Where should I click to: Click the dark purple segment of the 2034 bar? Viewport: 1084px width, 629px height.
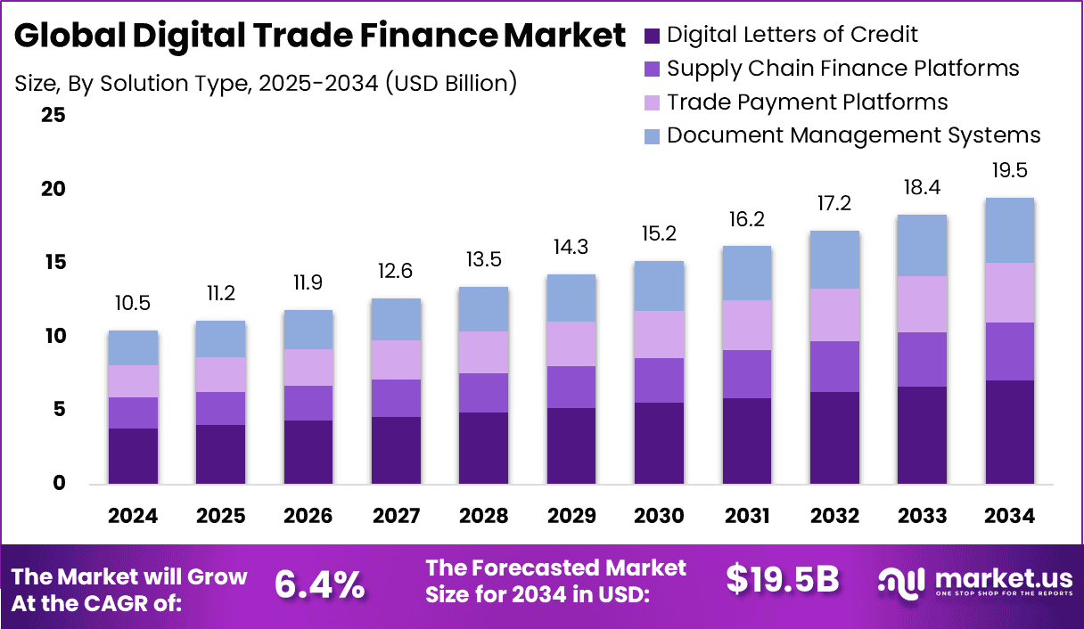[x=1009, y=432]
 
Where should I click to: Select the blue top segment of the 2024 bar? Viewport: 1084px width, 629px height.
[x=133, y=347]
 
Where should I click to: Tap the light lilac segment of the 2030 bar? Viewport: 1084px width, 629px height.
[x=659, y=334]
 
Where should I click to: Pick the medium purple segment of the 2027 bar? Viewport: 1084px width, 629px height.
[x=396, y=398]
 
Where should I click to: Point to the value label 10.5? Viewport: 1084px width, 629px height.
[x=133, y=305]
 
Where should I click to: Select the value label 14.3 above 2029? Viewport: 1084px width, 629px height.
[x=571, y=248]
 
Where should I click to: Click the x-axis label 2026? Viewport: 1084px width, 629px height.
[x=308, y=517]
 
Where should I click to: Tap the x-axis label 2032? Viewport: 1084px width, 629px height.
[x=834, y=517]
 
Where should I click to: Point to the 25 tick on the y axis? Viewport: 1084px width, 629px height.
[x=53, y=115]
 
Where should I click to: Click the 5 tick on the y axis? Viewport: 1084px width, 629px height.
[x=59, y=410]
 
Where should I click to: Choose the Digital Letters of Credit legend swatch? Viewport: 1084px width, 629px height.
[x=652, y=36]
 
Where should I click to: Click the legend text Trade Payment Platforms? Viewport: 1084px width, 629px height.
[x=807, y=102]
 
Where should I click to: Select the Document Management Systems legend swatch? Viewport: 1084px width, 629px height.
[x=652, y=135]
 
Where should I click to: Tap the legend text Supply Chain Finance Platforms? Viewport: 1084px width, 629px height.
[x=842, y=68]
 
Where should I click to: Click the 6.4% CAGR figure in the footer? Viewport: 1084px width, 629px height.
[x=319, y=584]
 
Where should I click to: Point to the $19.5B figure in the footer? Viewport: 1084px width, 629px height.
[x=782, y=580]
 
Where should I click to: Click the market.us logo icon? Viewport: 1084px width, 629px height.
[x=903, y=582]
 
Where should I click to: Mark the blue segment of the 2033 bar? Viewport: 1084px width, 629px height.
[x=922, y=245]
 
